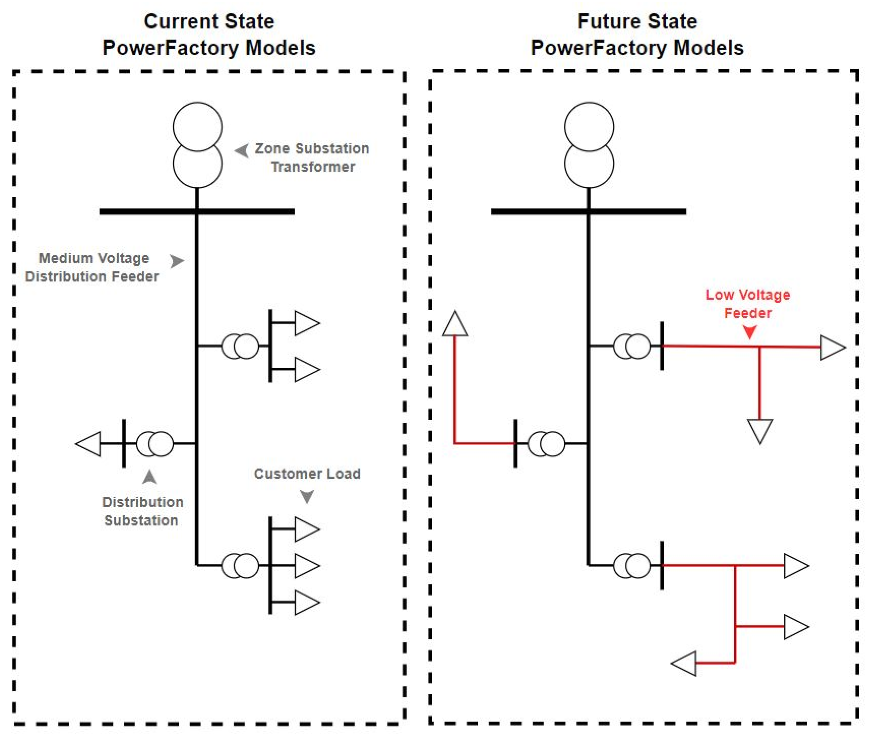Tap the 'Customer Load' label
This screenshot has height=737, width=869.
coord(307,473)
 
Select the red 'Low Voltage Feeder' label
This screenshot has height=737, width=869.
coord(748,304)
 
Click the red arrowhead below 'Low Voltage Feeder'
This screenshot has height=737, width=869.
coord(750,332)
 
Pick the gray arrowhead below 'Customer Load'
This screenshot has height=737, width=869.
coord(307,496)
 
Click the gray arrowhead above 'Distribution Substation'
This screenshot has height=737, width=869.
coord(150,477)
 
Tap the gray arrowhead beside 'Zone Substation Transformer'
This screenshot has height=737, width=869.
coord(242,150)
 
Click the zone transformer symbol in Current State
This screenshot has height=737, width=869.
coord(197,145)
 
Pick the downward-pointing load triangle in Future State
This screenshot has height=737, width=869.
coord(759,430)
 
